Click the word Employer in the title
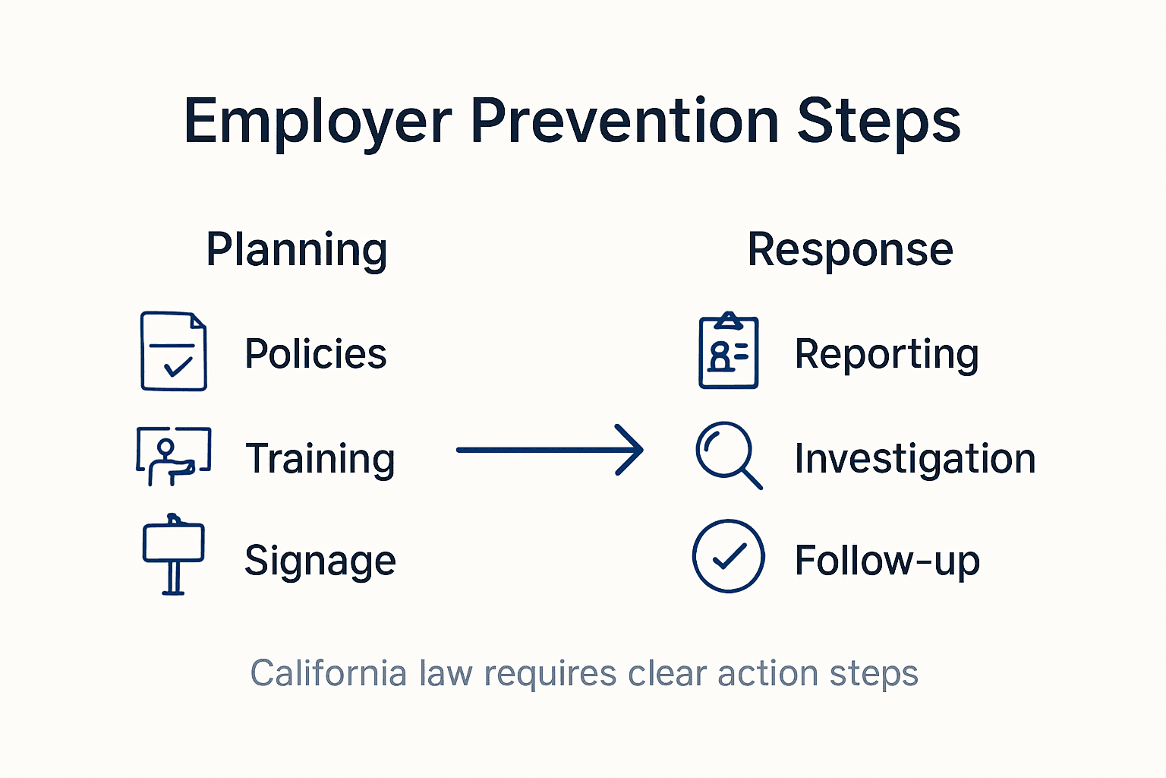coord(317,122)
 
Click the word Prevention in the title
coord(624,122)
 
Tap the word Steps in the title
coord(879,122)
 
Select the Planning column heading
coord(297,251)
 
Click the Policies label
coord(316,354)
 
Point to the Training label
coord(320,459)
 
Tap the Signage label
coord(320,561)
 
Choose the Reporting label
coord(887,354)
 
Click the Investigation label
coord(915,459)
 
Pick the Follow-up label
coord(887,561)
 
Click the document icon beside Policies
coord(174,351)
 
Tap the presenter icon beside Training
coord(173,455)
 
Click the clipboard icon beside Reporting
coord(729,351)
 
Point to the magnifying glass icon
coord(727,454)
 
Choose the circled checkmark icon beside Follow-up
coord(729,556)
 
